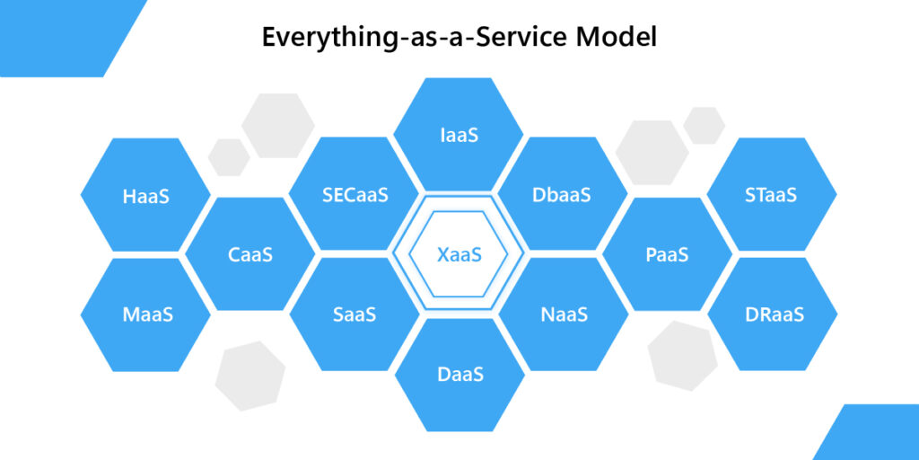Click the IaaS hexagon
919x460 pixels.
coord(459,135)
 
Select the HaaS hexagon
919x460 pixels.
coord(145,195)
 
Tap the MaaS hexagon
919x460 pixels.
coord(145,314)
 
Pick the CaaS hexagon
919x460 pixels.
coord(250,254)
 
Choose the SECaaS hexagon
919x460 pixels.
coord(354,194)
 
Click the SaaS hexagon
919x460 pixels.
coord(354,314)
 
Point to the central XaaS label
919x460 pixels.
coord(459,254)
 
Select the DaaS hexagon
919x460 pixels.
coord(459,375)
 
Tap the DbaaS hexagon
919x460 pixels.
coord(562,194)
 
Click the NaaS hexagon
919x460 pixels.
coord(564,314)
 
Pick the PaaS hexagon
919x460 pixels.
coord(667,254)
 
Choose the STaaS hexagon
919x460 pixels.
coord(771,194)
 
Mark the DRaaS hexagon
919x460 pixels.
coord(773,314)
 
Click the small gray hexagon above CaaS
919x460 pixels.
coord(229,157)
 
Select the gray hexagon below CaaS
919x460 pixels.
coord(250,376)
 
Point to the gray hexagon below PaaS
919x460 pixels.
coord(683,356)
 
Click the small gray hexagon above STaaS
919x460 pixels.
coord(704,126)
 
